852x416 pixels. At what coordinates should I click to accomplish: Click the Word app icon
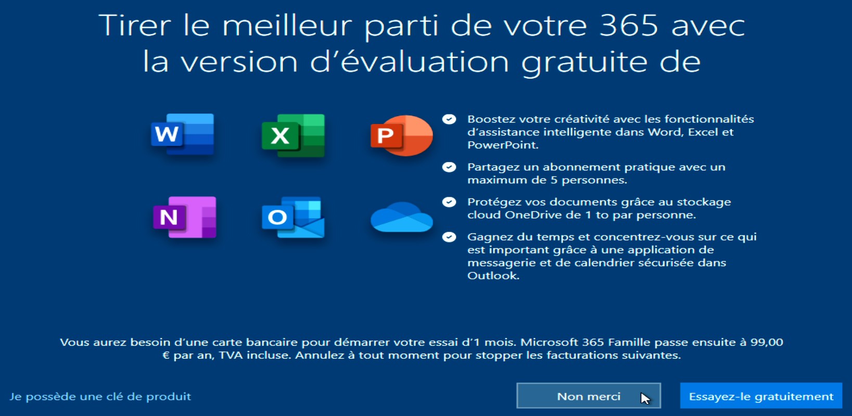[183, 134]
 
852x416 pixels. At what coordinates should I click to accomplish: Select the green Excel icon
[293, 135]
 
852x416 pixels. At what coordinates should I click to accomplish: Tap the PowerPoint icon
[402, 135]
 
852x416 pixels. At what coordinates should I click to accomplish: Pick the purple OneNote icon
[184, 217]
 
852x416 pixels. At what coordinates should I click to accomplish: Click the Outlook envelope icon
[293, 217]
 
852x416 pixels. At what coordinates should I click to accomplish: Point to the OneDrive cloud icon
[402, 217]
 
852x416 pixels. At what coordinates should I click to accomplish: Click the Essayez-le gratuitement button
[761, 396]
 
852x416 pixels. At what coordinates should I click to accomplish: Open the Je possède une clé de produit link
[100, 397]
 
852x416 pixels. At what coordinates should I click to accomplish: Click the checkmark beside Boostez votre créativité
[449, 119]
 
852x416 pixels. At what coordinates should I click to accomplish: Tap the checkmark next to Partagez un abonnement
[449, 167]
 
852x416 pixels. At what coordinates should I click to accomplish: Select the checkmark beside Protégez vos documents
[449, 202]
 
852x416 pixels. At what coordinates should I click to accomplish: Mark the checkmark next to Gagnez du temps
[449, 237]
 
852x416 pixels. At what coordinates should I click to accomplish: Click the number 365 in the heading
[628, 26]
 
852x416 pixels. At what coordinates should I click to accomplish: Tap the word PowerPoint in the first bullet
[502, 145]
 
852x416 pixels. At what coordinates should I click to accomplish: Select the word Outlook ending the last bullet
[492, 275]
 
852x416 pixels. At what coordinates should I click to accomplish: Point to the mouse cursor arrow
[645, 398]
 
